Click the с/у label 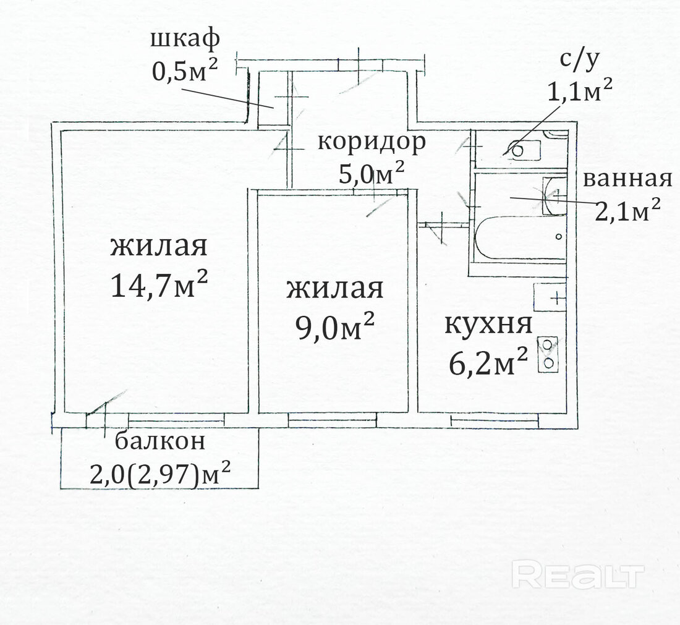[x=579, y=59]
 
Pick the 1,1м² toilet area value [x=580, y=90]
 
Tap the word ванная [x=627, y=179]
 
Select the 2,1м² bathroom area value [x=627, y=210]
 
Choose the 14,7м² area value [x=159, y=284]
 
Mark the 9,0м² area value [x=335, y=326]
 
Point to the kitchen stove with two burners [x=548, y=354]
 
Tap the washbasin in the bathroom [x=555, y=195]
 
